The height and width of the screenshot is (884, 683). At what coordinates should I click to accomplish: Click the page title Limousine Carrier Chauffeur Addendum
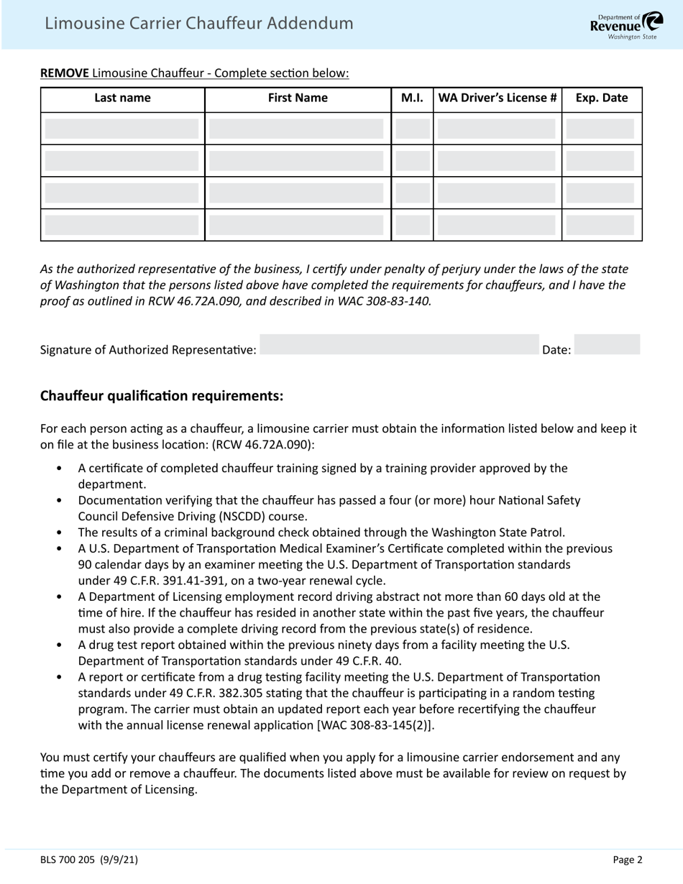tap(199, 24)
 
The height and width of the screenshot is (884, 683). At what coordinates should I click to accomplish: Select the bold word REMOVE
tap(65, 73)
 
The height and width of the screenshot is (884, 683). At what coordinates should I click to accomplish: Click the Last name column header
tap(122, 98)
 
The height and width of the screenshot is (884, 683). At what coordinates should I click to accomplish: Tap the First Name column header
tap(298, 98)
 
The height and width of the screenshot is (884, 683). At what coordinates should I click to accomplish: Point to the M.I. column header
tap(412, 98)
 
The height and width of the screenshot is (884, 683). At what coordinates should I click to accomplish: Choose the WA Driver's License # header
tap(497, 98)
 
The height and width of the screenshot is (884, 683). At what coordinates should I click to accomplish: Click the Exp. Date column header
tap(602, 98)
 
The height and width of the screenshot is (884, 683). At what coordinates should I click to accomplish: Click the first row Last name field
tap(122, 129)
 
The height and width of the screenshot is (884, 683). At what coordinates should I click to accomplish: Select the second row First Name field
tap(297, 161)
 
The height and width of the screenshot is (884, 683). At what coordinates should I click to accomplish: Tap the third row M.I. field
tap(412, 193)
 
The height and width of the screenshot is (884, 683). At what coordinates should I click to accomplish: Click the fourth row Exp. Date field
tap(600, 225)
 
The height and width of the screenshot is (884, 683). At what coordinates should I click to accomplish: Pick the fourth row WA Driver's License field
tap(497, 225)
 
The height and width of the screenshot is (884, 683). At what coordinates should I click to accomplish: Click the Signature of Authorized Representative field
tap(399, 345)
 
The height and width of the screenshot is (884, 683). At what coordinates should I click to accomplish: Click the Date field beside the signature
tap(608, 345)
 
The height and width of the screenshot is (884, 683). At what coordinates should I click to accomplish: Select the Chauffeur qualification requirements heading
tap(162, 396)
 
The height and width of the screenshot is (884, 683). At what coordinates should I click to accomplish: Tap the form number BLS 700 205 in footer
tap(68, 860)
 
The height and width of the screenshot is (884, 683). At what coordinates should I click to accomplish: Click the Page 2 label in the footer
tap(628, 860)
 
